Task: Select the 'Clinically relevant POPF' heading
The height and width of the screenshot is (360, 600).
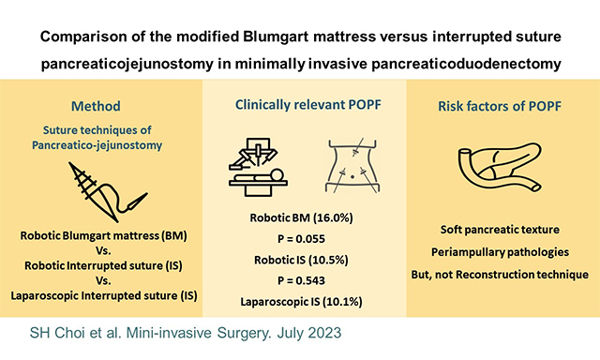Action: (x=300, y=106)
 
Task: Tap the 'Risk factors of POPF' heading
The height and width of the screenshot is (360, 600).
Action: (x=498, y=106)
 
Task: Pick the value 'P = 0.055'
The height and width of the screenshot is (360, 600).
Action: (x=300, y=238)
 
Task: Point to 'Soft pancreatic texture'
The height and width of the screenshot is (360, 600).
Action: (x=499, y=230)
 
